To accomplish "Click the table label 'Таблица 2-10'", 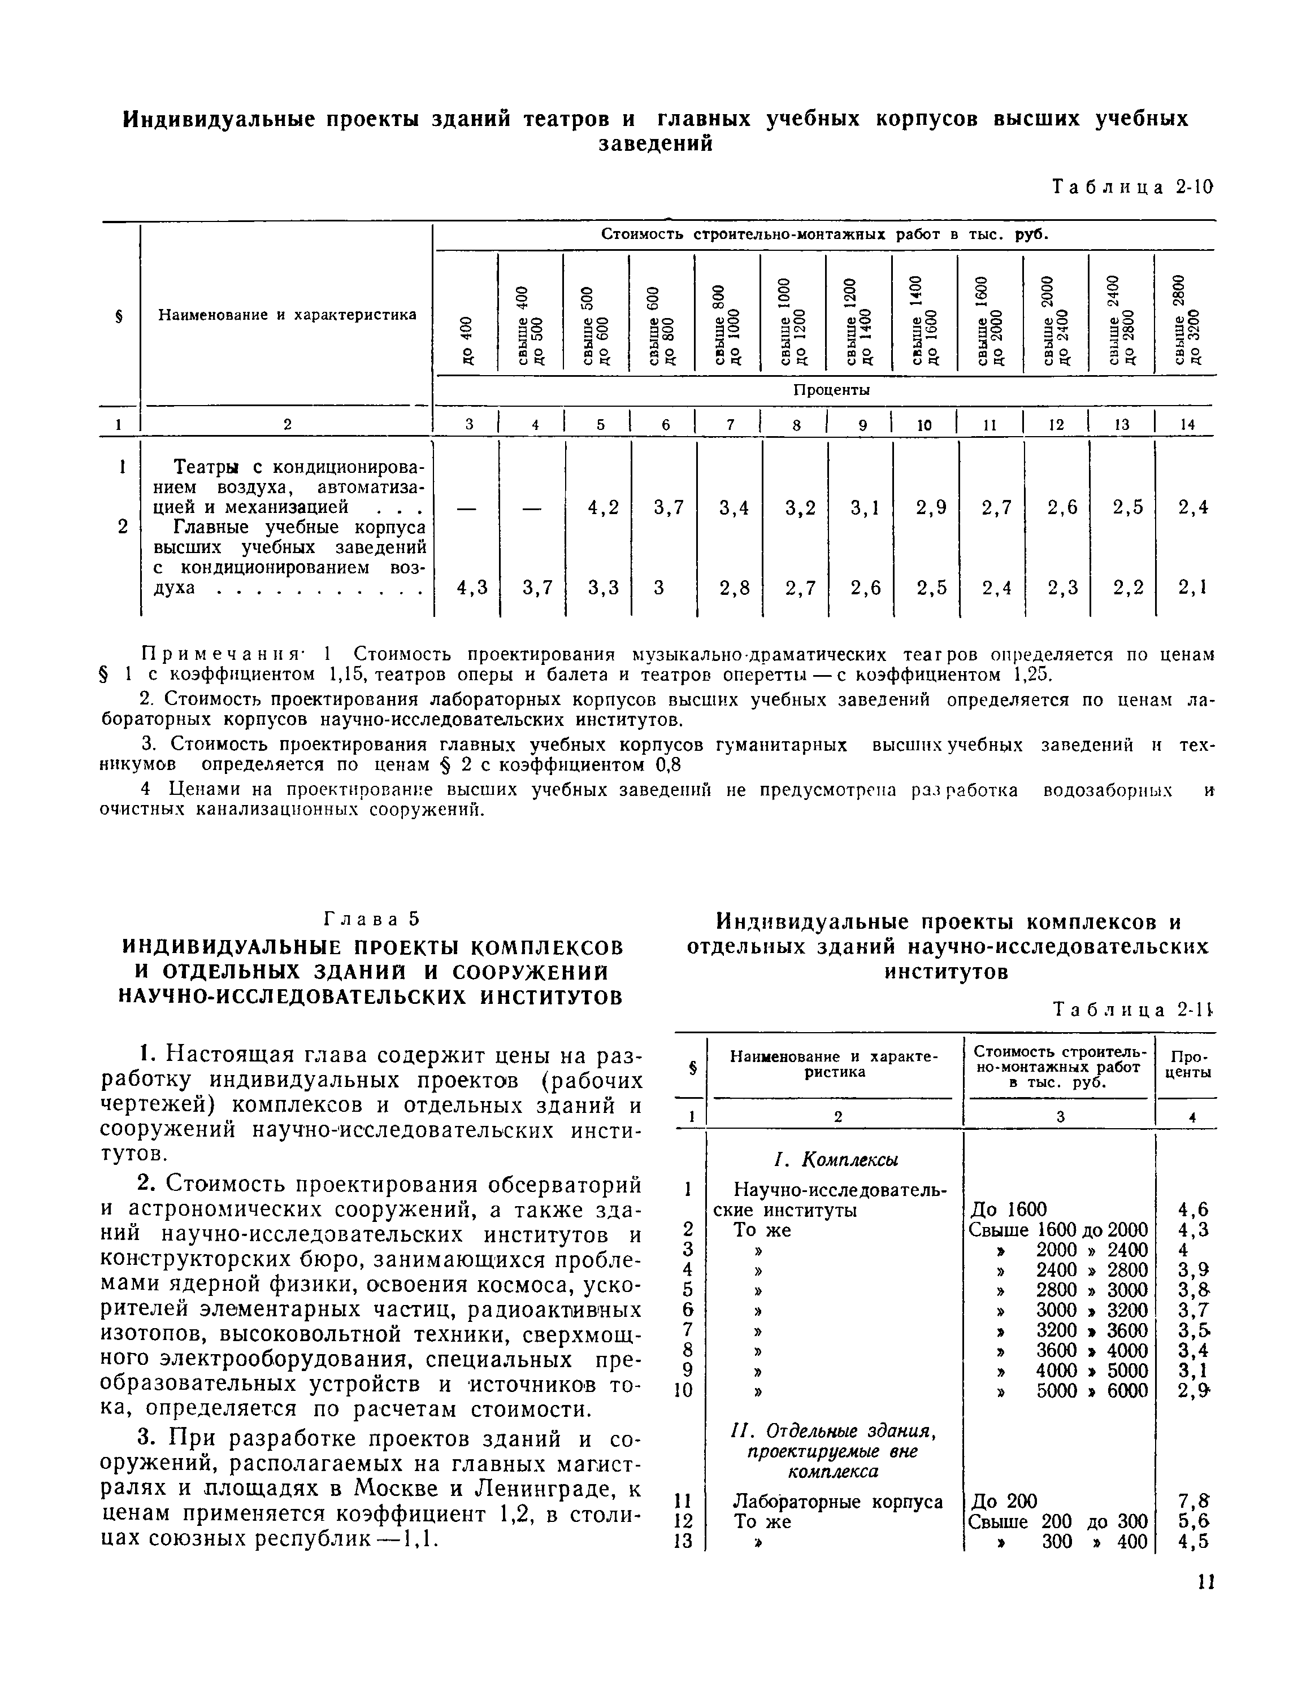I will pyautogui.click(x=1131, y=188).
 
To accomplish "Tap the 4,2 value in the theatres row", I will pyautogui.click(x=603, y=507).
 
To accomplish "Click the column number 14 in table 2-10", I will pyautogui.click(x=1188, y=424).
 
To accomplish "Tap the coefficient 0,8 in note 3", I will pyautogui.click(x=667, y=765).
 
